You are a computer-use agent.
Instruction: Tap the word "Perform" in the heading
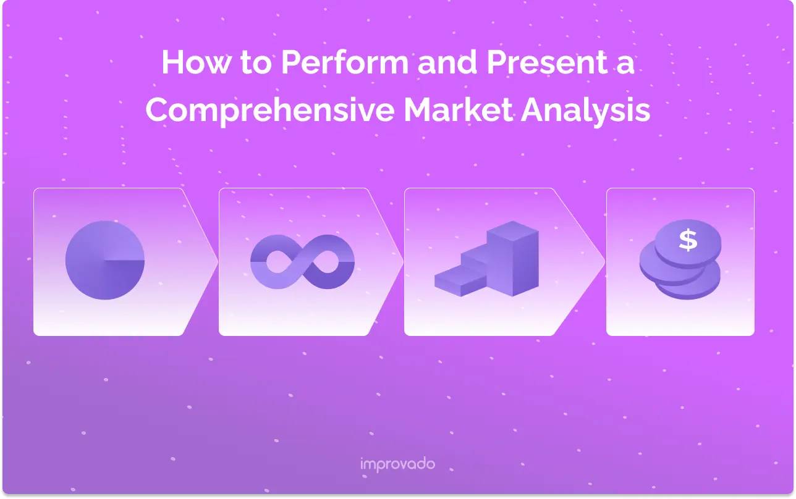[345, 62]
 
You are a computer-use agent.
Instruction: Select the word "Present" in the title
[547, 62]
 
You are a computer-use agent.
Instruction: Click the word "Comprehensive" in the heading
[270, 110]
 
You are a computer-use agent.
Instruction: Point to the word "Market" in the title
[458, 110]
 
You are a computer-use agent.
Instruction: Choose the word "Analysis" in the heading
[586, 111]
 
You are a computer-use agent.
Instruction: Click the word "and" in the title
[447, 62]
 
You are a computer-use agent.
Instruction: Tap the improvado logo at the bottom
[397, 464]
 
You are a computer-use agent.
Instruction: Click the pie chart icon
[105, 261]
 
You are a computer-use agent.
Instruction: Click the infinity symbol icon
[302, 262]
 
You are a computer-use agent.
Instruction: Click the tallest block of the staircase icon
[513, 259]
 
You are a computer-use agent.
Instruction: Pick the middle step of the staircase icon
[475, 259]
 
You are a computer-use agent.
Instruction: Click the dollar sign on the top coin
[688, 240]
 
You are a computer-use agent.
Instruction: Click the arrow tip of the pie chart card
[217, 262]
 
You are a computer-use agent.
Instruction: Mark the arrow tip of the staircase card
[604, 262]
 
